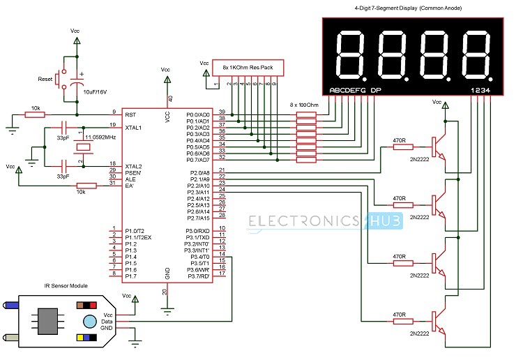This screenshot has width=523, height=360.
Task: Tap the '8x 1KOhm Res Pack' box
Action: (x=248, y=67)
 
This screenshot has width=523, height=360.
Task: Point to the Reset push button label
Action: (x=45, y=80)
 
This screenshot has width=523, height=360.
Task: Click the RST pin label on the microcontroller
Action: (x=130, y=113)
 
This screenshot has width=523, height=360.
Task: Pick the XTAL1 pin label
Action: (x=133, y=128)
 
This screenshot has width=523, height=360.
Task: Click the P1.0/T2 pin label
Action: (x=135, y=231)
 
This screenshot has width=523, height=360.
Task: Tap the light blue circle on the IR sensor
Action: (x=89, y=321)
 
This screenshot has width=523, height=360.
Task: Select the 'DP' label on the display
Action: (x=377, y=91)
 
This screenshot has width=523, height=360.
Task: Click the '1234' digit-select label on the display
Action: (x=480, y=91)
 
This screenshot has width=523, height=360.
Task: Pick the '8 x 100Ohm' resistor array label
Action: (x=304, y=104)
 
